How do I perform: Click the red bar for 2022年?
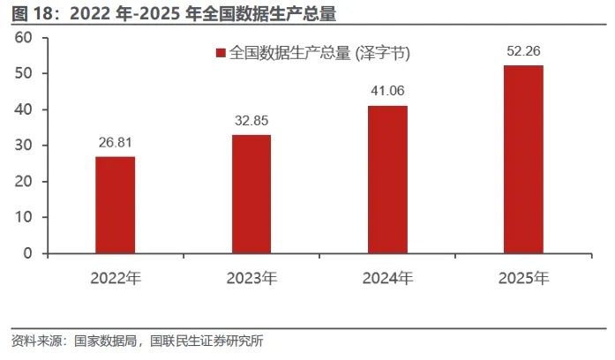(116, 205)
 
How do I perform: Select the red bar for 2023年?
(251, 194)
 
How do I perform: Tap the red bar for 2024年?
(387, 180)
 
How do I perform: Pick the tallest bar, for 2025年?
(523, 160)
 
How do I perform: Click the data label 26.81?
(116, 142)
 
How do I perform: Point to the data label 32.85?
(251, 120)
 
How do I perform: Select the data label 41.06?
(387, 91)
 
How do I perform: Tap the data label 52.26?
(523, 51)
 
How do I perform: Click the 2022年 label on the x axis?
(116, 278)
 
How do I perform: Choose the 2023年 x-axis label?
(251, 278)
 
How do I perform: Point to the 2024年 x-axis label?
(388, 278)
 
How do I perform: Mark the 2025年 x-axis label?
(524, 278)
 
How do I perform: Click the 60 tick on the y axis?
(23, 38)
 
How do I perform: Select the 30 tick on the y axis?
(23, 146)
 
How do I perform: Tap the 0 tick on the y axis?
(27, 253)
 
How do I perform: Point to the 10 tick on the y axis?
(23, 217)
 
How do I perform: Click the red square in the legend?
(221, 53)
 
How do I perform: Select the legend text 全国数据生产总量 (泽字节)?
(319, 53)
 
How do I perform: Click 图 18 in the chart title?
(32, 14)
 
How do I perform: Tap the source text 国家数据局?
(106, 341)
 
